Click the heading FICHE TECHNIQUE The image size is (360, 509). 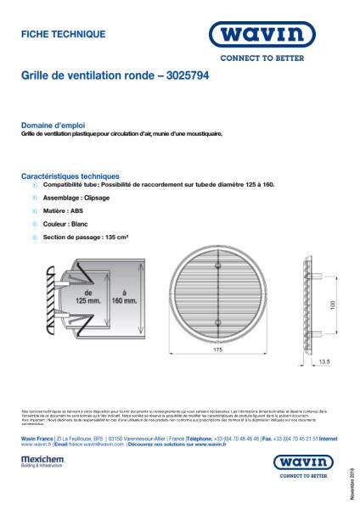(63, 35)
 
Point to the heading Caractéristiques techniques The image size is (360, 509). (70, 175)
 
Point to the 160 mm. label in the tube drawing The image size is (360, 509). (124, 295)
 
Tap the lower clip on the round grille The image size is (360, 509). (218, 324)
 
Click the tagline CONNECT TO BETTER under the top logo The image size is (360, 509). (281, 59)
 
